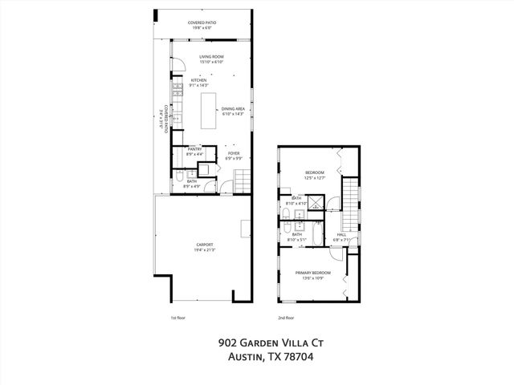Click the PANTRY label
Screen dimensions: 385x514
(194, 148)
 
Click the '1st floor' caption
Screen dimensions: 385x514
(178, 318)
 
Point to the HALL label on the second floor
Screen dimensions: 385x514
(341, 234)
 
